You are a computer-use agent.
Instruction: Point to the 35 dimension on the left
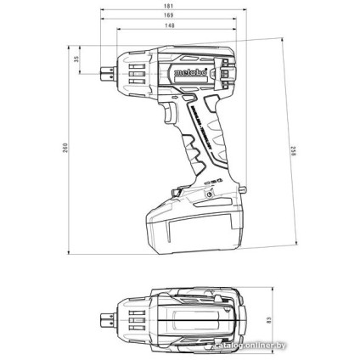click(x=76, y=60)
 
